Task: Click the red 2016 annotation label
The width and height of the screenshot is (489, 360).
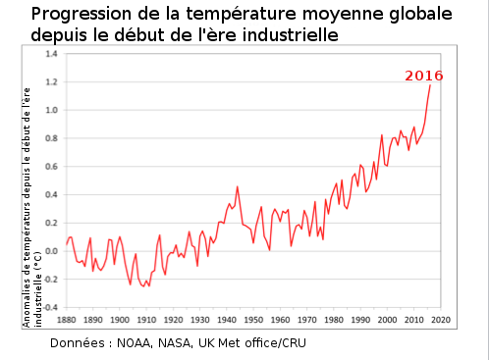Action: [x=424, y=76]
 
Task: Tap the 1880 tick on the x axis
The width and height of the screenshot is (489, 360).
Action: [x=67, y=320]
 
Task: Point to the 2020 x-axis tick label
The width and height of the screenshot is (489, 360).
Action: [x=440, y=320]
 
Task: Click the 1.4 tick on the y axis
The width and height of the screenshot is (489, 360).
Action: [x=52, y=54]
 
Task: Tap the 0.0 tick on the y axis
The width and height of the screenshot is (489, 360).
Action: [x=52, y=251]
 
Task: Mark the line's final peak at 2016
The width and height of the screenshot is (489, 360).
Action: [x=429, y=85]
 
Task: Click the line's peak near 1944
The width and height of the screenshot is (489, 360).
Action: [x=237, y=186]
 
